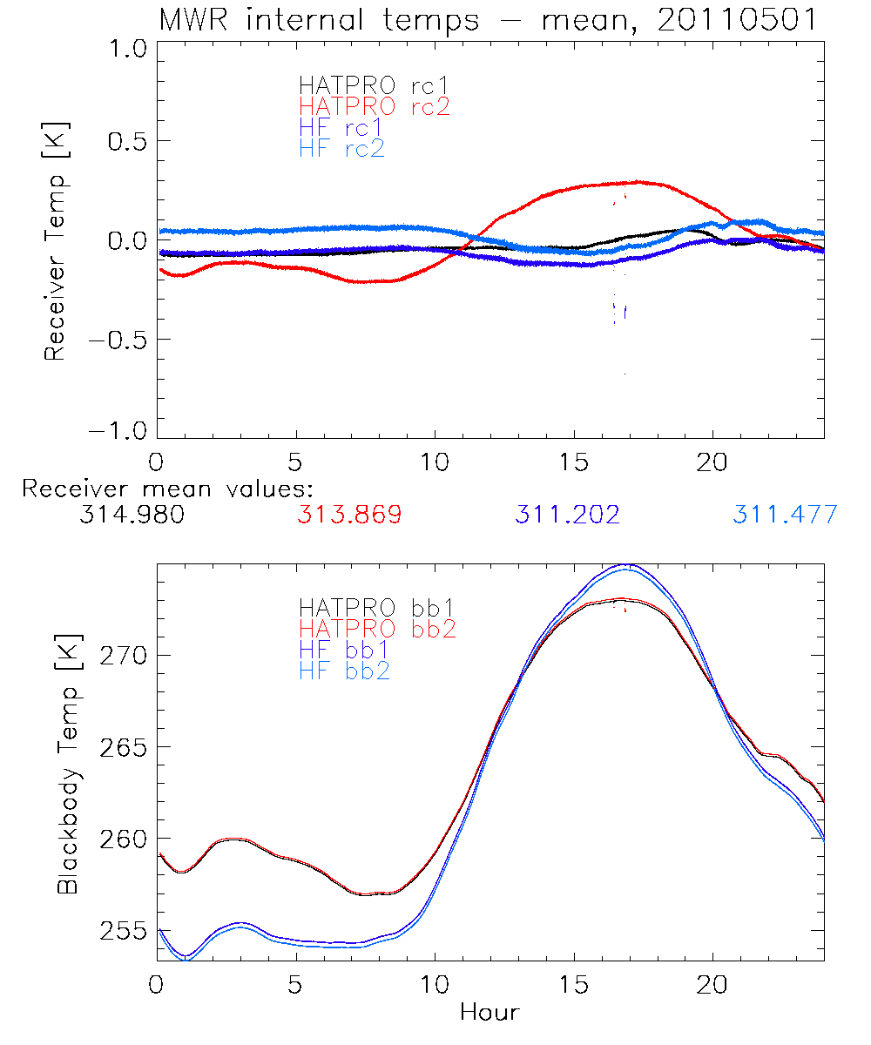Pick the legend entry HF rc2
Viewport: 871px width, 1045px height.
click(x=341, y=149)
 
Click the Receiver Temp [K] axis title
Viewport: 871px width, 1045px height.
click(x=57, y=239)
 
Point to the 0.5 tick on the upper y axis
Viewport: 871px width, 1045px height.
click(x=125, y=142)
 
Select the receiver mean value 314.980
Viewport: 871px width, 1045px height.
click(x=132, y=515)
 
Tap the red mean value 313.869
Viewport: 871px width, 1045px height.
click(x=349, y=515)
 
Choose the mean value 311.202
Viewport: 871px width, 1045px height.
click(x=567, y=515)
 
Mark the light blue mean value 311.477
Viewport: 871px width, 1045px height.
click(x=785, y=515)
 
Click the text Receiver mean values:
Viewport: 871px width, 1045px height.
click(x=167, y=489)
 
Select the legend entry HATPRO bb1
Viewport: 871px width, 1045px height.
click(x=377, y=607)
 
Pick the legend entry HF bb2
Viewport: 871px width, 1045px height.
click(x=343, y=670)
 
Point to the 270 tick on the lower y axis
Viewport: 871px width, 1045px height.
click(x=122, y=655)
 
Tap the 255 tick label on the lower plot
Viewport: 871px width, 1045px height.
click(x=122, y=932)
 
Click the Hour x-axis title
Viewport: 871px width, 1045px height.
click(x=490, y=1013)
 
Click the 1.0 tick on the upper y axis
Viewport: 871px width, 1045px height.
click(x=125, y=51)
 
